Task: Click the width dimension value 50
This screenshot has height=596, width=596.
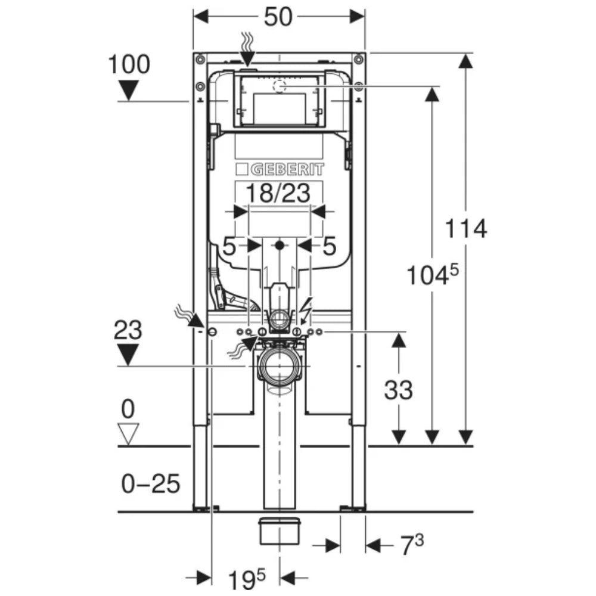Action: [278, 17]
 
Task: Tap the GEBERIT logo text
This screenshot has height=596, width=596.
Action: [287, 169]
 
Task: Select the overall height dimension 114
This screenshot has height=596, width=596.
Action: [465, 229]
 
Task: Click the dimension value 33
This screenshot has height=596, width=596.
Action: [398, 390]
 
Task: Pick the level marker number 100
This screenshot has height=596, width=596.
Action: [129, 64]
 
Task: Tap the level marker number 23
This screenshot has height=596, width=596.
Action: [128, 330]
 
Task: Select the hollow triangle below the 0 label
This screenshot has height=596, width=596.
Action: [128, 434]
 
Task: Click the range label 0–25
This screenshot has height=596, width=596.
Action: [151, 484]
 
